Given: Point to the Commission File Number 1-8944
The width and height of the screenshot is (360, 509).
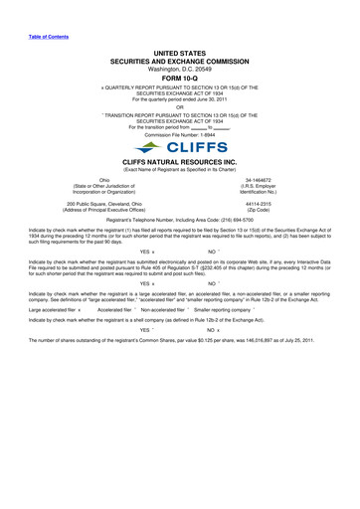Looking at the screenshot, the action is coord(180,133).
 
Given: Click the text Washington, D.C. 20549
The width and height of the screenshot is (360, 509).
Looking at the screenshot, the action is coord(180,59).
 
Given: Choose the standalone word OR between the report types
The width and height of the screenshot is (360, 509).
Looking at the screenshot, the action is coord(180,105).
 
